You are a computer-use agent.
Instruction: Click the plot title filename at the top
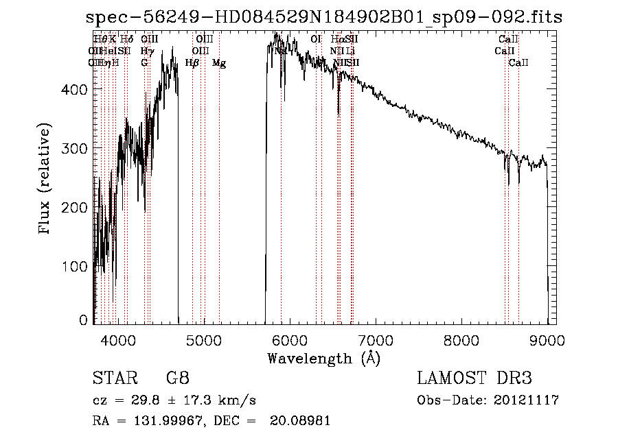tap(324, 17)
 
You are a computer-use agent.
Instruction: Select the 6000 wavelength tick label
tap(290, 339)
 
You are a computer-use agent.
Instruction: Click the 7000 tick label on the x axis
tap(376, 339)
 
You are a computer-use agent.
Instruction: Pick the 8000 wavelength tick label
tap(461, 339)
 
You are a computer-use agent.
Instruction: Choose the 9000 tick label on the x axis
tap(547, 339)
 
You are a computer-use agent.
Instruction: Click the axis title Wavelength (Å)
tap(323, 358)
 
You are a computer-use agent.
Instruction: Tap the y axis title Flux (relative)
tap(46, 180)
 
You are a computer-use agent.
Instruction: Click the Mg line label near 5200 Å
tap(219, 63)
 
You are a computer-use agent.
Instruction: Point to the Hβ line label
tap(192, 63)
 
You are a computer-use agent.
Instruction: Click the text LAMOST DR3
tap(474, 378)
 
